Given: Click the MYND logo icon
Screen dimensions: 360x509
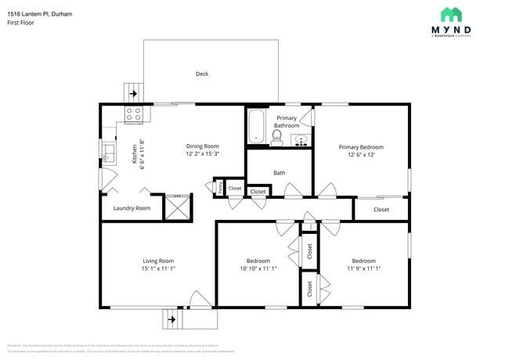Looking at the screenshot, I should [450, 14].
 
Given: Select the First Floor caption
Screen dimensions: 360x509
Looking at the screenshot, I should [20, 23].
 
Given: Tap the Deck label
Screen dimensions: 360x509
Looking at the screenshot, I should [202, 74].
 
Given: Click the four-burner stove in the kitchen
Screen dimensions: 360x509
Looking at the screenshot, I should [134, 115].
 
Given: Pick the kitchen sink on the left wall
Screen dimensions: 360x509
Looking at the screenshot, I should [108, 150].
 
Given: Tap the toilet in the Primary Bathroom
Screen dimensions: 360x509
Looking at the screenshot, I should [276, 138].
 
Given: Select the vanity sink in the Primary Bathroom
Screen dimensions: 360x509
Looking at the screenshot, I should [300, 141].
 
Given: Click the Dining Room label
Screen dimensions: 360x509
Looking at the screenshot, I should [202, 146].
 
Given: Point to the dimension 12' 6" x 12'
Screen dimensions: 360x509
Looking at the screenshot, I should [361, 155].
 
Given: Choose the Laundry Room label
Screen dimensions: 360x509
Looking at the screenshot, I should [132, 208].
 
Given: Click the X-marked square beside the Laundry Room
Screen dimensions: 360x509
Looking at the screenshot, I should [176, 207].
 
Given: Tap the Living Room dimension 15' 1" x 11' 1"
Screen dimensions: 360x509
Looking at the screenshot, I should [158, 269].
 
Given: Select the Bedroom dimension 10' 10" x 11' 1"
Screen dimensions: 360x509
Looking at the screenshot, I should [258, 269].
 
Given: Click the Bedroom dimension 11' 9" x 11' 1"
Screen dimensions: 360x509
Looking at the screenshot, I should [363, 269].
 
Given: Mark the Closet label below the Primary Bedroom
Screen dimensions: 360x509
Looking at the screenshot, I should [381, 210].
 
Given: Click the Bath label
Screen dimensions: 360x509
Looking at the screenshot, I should [279, 173].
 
